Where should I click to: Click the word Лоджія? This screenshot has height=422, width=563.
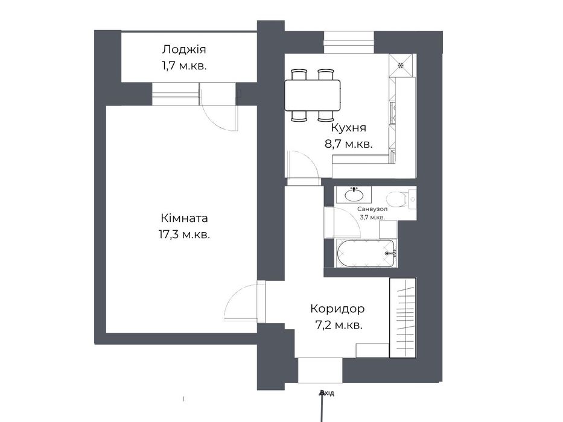click(x=184, y=49)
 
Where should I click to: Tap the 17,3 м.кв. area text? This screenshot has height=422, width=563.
click(x=184, y=235)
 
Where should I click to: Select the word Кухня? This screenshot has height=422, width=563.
click(x=348, y=128)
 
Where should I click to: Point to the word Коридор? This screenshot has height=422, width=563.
click(x=337, y=309)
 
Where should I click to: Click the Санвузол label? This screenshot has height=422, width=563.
click(x=372, y=209)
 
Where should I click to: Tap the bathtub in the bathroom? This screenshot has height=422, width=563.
click(x=366, y=253)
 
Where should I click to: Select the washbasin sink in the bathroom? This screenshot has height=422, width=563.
click(x=354, y=195)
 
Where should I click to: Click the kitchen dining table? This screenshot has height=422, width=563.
click(x=313, y=95)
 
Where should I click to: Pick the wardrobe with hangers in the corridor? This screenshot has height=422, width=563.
click(x=403, y=318)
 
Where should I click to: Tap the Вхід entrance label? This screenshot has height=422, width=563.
click(x=327, y=393)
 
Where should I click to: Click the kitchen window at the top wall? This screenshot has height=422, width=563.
click(x=349, y=40)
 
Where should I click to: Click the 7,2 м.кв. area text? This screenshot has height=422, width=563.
click(x=339, y=326)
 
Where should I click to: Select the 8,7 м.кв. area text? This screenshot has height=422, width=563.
click(x=348, y=144)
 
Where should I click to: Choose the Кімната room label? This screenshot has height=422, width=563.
click(x=184, y=218)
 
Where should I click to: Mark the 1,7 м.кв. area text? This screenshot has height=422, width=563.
click(x=184, y=66)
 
